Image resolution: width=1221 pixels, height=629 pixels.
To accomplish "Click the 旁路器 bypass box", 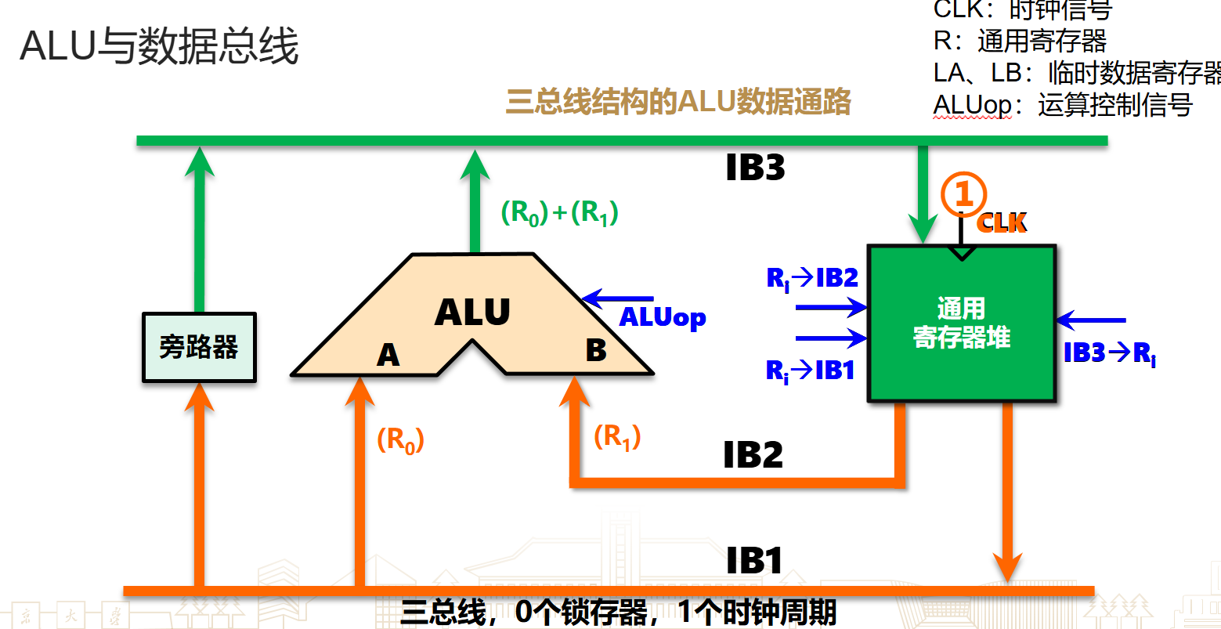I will [x=199, y=347].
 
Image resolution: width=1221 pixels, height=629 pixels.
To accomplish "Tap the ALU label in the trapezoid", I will [x=472, y=313].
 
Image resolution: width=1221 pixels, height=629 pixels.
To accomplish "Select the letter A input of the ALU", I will [x=388, y=356].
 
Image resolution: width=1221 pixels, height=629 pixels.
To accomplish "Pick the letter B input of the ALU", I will [x=596, y=351].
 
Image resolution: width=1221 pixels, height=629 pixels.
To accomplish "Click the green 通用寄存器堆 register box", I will [x=962, y=324].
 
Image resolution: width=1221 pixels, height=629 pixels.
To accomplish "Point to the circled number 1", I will [x=963, y=194].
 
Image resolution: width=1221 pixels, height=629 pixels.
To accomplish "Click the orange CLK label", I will [x=1002, y=223].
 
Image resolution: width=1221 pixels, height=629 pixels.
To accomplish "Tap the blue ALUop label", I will [x=663, y=317].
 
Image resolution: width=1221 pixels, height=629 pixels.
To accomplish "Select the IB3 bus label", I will [x=755, y=168].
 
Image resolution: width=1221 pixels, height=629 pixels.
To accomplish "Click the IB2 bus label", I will [x=753, y=455].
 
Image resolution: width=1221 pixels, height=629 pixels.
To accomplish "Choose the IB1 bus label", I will [x=754, y=561].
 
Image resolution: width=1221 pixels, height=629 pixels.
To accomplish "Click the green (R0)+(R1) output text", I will [x=559, y=212].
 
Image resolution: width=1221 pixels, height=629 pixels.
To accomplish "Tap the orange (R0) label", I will [x=400, y=440].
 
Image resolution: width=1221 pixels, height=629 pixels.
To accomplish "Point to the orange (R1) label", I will [x=617, y=437].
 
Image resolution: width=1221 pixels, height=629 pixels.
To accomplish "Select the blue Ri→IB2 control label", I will [x=812, y=278].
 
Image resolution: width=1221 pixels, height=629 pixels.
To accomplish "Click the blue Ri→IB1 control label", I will [x=811, y=371].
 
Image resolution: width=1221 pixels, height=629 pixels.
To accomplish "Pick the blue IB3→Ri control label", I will [x=1109, y=354].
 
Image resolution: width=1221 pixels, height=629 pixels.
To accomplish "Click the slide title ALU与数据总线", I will [x=159, y=47].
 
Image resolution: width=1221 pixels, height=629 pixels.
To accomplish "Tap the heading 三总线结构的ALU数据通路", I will [x=678, y=103].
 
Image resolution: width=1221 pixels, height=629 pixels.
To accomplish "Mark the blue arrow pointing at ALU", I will [x=619, y=298].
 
